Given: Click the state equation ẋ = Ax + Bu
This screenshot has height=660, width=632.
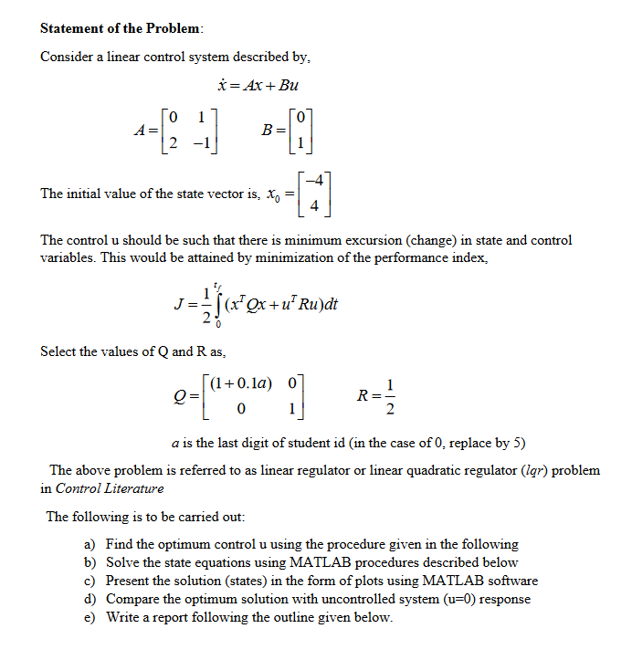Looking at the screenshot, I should point(258,86).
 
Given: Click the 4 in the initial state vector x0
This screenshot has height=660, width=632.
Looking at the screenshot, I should point(314,205).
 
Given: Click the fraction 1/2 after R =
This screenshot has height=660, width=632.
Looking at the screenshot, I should point(391,395).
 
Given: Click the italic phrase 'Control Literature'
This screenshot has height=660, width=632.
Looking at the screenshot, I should point(110,488).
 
